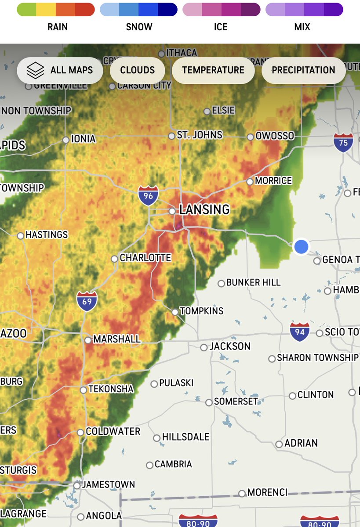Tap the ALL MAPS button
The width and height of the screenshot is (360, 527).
tap(60, 70)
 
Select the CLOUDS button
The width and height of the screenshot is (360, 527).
tap(138, 70)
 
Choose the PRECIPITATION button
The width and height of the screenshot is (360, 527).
tap(303, 70)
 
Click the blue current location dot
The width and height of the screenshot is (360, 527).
tap(301, 246)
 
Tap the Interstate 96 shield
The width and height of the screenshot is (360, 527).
tap(148, 195)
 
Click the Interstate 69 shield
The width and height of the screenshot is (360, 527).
tap(87, 301)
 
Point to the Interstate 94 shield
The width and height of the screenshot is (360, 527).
tap(300, 332)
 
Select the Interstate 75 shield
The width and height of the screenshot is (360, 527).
tap(343, 142)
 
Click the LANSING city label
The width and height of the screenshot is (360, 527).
tap(204, 209)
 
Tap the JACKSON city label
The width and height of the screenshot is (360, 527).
tap(230, 347)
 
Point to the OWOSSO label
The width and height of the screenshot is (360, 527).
tap(275, 136)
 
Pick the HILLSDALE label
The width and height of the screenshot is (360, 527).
tap(185, 437)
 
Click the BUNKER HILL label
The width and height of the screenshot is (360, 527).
tap(253, 283)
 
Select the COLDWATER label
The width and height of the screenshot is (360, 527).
tap(113, 432)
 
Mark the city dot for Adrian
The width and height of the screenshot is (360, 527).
tap(279, 444)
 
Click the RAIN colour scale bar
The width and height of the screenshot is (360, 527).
tap(56, 10)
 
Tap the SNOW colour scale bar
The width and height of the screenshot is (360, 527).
tap(138, 10)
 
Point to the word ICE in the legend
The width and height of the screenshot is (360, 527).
tap(221, 27)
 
